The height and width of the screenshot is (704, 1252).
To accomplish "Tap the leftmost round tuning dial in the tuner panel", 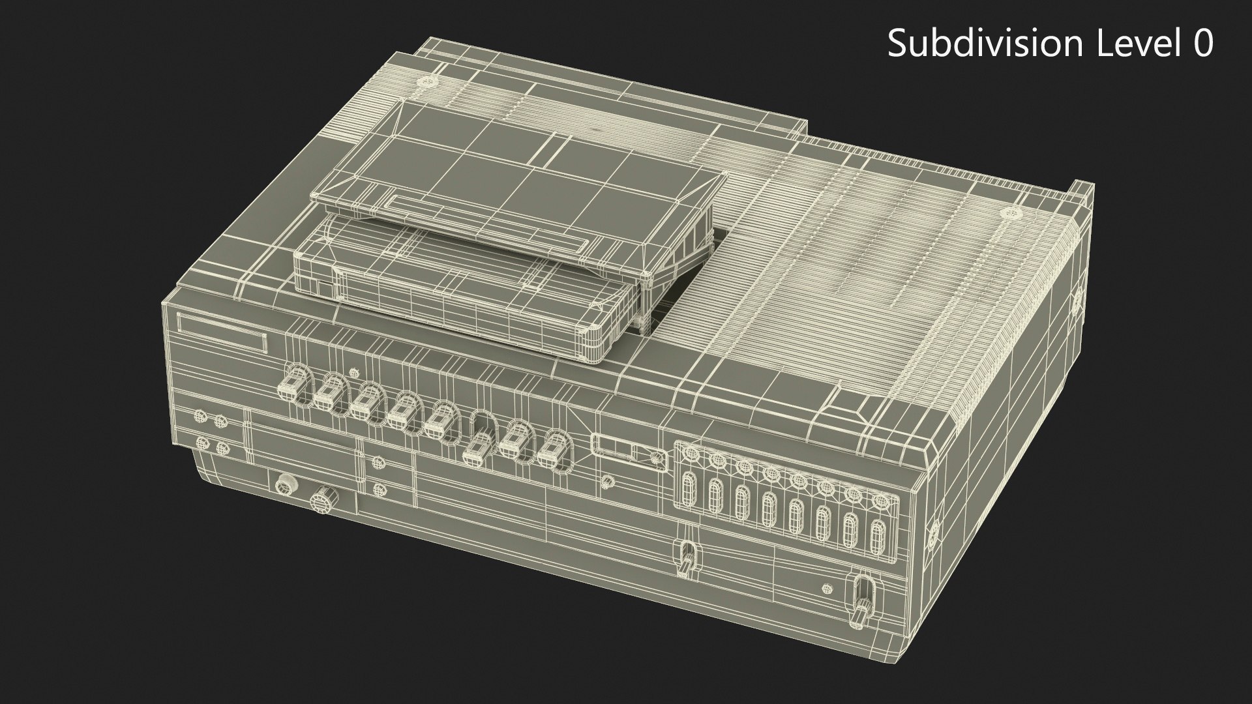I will coord(691,457).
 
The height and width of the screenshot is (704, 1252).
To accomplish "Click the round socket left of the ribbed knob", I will coord(284,486).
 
